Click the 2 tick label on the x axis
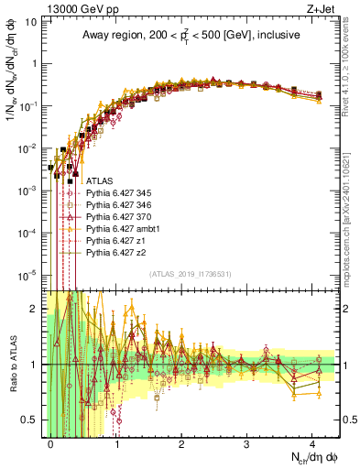coord(181,442)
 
